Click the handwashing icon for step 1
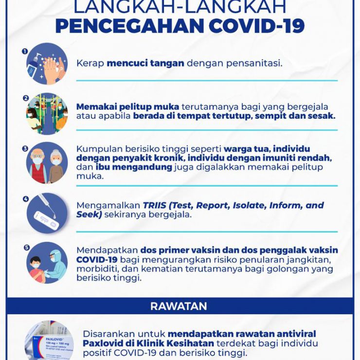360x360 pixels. pyautogui.click(x=47, y=64)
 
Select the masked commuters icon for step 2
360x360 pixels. pyautogui.click(x=47, y=114)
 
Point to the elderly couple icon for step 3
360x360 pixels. pyautogui.click(x=47, y=163)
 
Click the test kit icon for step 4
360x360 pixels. pyautogui.click(x=47, y=213)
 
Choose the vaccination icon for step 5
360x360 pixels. pyautogui.click(x=47, y=263)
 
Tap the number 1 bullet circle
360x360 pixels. pyautogui.click(x=24, y=50)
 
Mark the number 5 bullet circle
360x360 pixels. pyautogui.click(x=26, y=247)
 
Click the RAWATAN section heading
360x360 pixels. pyautogui.click(x=179, y=306)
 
